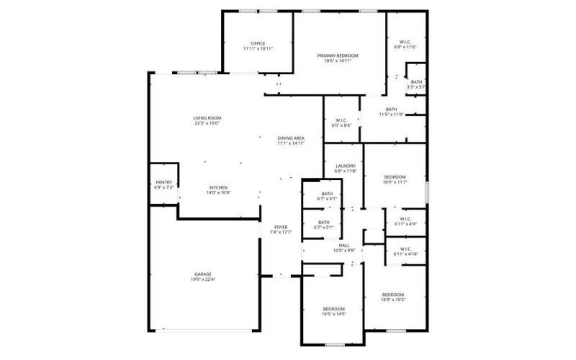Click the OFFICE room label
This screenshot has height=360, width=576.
258,43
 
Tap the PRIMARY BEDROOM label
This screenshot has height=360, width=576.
338,55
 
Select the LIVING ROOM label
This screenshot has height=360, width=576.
207,118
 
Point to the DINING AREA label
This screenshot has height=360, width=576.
291,138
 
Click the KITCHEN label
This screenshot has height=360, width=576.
218,187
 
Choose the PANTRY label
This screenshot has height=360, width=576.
163,182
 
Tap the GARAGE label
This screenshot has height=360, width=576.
202,274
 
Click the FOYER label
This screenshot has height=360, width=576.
281,227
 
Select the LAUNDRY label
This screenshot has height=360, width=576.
346,166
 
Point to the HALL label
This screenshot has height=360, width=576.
344,245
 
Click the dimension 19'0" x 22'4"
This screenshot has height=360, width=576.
202,279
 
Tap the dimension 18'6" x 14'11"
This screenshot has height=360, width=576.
338,61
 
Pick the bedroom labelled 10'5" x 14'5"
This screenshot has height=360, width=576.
334,310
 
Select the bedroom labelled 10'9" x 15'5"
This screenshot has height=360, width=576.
393,297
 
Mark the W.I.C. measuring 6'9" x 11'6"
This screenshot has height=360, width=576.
406,43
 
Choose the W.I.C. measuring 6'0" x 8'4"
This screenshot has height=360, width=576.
341,122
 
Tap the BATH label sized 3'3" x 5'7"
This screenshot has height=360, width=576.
417,84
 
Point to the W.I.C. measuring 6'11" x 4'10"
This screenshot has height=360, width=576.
406,251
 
